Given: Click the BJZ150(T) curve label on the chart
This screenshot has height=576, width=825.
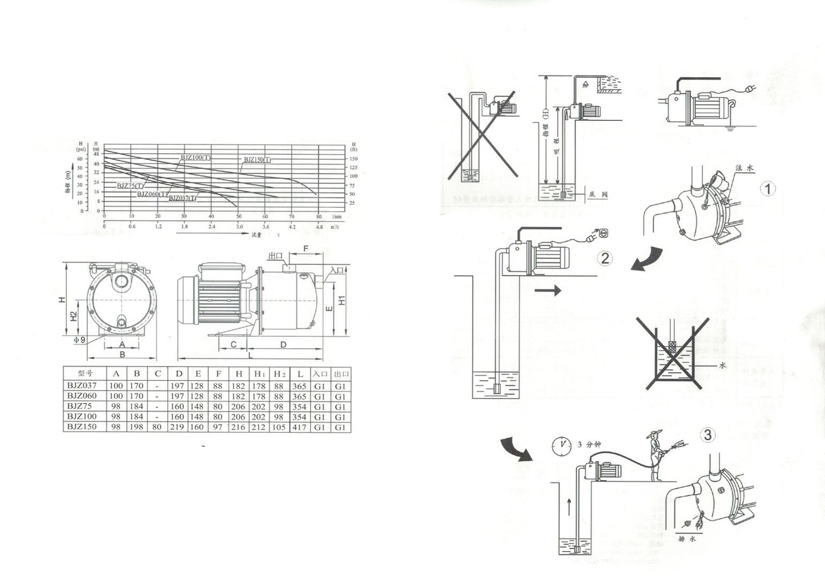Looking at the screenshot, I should tap(257, 160).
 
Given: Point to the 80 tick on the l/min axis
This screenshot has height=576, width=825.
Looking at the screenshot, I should tap(319, 217).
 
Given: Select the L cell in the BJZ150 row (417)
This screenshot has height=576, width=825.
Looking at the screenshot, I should tap(300, 428).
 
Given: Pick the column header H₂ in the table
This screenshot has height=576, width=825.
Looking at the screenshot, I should tap(279, 374).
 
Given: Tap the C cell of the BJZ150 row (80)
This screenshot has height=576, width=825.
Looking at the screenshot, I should tap(157, 428).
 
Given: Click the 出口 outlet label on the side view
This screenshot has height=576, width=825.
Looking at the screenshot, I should tap(275, 256).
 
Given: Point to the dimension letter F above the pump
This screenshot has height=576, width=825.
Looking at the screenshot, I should tap(305, 249).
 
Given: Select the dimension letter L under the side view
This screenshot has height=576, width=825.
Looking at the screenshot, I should tap(250, 355).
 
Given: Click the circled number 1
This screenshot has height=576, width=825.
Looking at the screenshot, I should tap(769, 188).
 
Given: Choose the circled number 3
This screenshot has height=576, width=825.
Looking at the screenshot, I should tap(707, 435).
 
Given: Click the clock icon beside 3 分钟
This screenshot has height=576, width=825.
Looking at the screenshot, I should tap(562, 446).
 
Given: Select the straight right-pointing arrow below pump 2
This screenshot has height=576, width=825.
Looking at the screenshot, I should tap(548, 291).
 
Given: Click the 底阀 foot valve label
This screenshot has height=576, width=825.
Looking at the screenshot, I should tap(598, 195).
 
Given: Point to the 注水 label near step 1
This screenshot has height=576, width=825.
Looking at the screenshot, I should tap(745, 168).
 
